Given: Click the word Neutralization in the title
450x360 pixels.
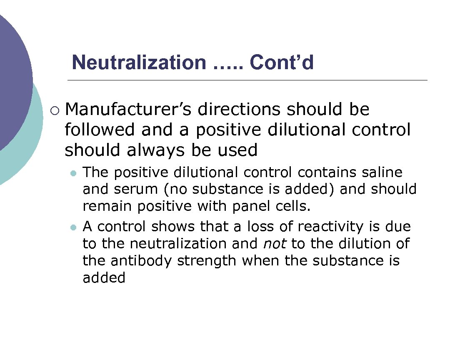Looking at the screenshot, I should click(x=139, y=63).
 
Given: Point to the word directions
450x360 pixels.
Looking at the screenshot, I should click(x=239, y=110).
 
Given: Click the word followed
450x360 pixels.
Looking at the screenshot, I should click(x=100, y=130).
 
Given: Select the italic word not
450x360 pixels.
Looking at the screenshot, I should click(x=275, y=243).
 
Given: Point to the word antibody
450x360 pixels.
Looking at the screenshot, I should click(x=143, y=260).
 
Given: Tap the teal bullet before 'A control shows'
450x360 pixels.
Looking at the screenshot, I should click(x=73, y=227).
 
